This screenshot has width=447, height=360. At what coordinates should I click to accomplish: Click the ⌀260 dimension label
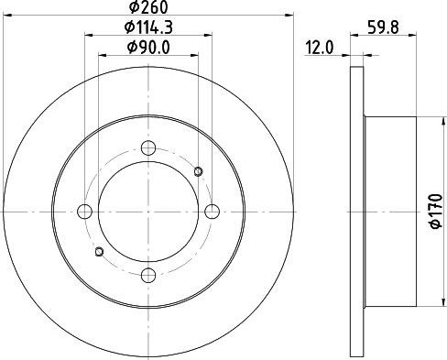pyautogui.click(x=148, y=6)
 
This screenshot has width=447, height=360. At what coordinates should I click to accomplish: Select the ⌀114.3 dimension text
pyautogui.click(x=148, y=27)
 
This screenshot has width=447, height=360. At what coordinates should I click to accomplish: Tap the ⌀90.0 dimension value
pyautogui.click(x=148, y=48)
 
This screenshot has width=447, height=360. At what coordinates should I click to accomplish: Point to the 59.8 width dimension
pyautogui.click(x=383, y=27)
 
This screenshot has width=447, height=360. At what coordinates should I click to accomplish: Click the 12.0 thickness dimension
pyautogui.click(x=320, y=48)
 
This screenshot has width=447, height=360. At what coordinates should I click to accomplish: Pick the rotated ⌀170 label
pyautogui.click(x=436, y=212)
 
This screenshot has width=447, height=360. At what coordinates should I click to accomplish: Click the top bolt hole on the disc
pyautogui.click(x=148, y=147)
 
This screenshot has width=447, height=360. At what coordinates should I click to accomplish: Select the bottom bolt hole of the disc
pyautogui.click(x=148, y=275)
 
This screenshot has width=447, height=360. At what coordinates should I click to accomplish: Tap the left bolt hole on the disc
pyautogui.click(x=84, y=212)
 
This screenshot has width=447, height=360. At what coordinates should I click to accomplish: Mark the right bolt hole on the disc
pyautogui.click(x=212, y=212)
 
